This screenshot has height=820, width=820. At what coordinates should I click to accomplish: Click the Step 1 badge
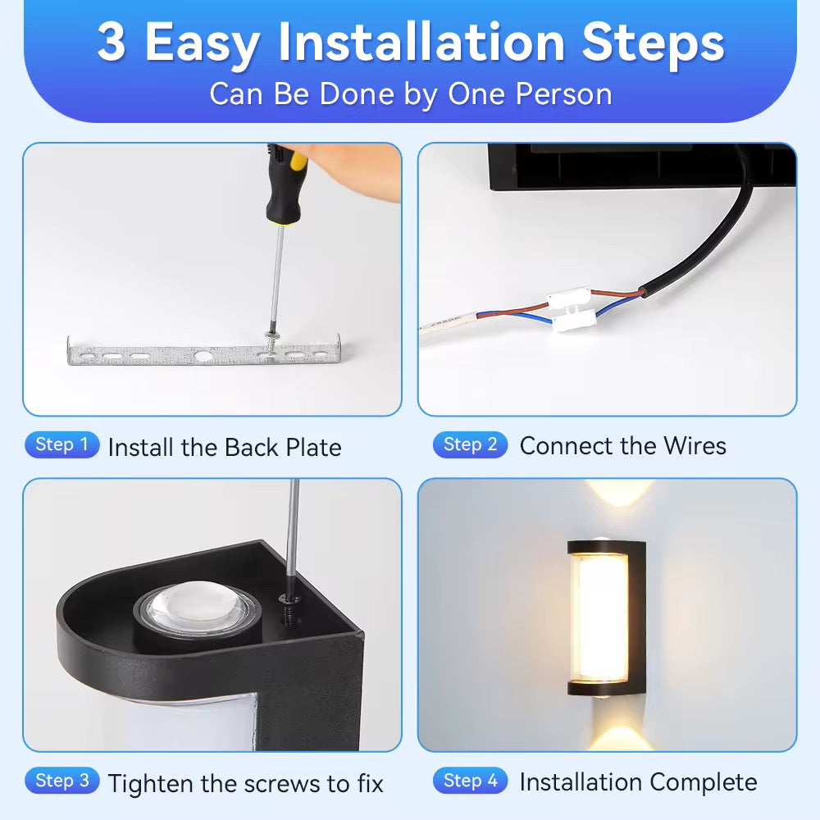pyautogui.click(x=61, y=445)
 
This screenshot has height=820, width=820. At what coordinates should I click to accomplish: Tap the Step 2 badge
pyautogui.click(x=470, y=445)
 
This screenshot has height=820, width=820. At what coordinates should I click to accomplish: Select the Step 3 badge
pyautogui.click(x=61, y=781)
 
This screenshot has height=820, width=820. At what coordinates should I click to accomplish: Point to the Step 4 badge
pyautogui.click(x=470, y=781)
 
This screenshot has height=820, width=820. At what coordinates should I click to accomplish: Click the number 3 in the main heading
pyautogui.click(x=112, y=42)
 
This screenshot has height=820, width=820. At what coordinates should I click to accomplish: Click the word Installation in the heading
pyautogui.click(x=421, y=42)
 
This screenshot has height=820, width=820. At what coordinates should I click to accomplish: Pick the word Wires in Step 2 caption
pyautogui.click(x=695, y=446)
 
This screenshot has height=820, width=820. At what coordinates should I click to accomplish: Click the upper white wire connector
pyautogui.click(x=569, y=298)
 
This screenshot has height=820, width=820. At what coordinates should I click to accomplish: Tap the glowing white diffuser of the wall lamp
pyautogui.click(x=601, y=617)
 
